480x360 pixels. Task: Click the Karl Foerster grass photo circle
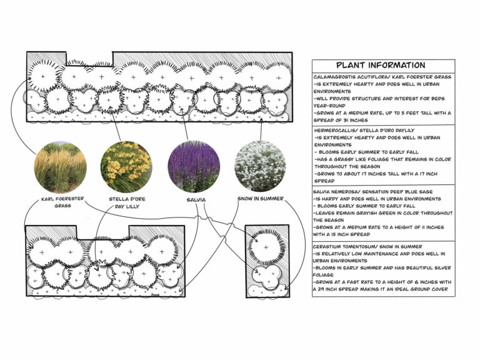coord(61,166)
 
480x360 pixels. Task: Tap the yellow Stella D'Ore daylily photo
coord(126,166)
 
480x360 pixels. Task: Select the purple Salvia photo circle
coord(194,166)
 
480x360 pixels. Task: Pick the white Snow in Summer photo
coord(260,166)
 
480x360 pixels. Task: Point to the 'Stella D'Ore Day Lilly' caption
coord(127,202)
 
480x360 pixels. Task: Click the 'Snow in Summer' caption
coord(261,199)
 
